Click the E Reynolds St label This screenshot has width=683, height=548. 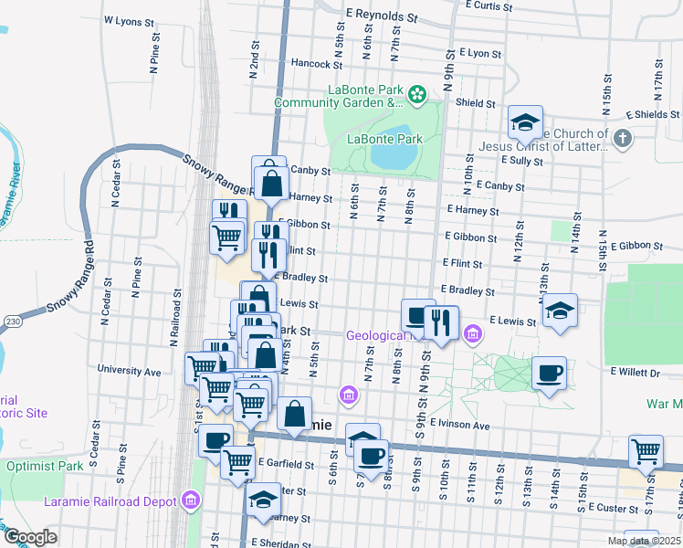click(x=382, y=17)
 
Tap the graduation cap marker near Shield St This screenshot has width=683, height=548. click(x=526, y=121)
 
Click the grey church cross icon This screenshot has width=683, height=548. click(x=623, y=139)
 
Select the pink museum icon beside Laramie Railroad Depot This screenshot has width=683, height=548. click(x=190, y=500)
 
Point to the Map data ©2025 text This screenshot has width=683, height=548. click(x=644, y=541)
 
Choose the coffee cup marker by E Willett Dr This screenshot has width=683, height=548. click(x=549, y=373)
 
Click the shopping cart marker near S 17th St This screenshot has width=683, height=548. click(x=646, y=451)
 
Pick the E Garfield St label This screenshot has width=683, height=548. click(x=286, y=464)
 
